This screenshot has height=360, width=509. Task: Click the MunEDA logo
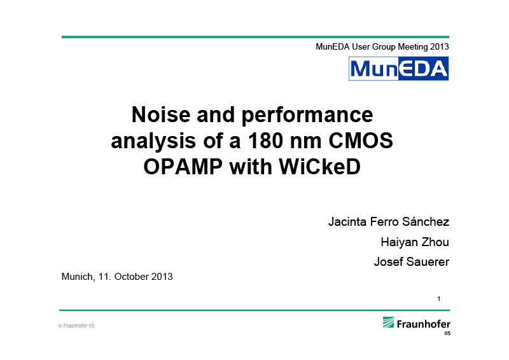pyautogui.click(x=399, y=69)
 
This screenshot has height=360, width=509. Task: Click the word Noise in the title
pyautogui.click(x=161, y=114)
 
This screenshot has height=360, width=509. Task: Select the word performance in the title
pyautogui.click(x=307, y=116)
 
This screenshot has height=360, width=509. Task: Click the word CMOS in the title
pyautogui.click(x=361, y=141)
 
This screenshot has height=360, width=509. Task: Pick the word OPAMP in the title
pyautogui.click(x=183, y=167)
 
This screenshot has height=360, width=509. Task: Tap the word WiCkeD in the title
pyautogui.click(x=320, y=167)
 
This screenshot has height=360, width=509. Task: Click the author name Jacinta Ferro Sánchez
pyautogui.click(x=389, y=222)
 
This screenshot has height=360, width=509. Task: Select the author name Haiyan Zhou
pyautogui.click(x=415, y=242)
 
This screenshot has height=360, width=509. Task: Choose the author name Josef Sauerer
pyautogui.click(x=412, y=261)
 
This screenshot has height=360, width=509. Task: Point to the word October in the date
pyautogui.click(x=132, y=277)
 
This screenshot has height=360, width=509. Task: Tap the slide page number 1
pyautogui.click(x=439, y=299)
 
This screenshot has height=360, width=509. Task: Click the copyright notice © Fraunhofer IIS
pyautogui.click(x=76, y=326)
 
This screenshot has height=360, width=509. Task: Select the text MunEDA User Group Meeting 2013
pyautogui.click(x=382, y=47)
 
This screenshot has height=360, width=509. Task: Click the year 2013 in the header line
pyautogui.click(x=440, y=46)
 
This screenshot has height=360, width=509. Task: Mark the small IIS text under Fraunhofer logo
pyautogui.click(x=448, y=333)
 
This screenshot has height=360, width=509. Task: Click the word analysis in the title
pyautogui.click(x=153, y=142)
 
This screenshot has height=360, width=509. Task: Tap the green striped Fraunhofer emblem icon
pyautogui.click(x=388, y=322)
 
